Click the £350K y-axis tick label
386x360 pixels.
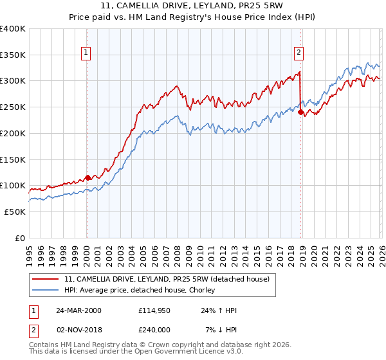[13, 55]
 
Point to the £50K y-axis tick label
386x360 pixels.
[15, 212]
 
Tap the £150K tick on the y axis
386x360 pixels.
[13, 159]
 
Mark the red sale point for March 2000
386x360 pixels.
[87, 178]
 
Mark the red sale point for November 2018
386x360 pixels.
[300, 113]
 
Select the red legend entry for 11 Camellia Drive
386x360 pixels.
[170, 279]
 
